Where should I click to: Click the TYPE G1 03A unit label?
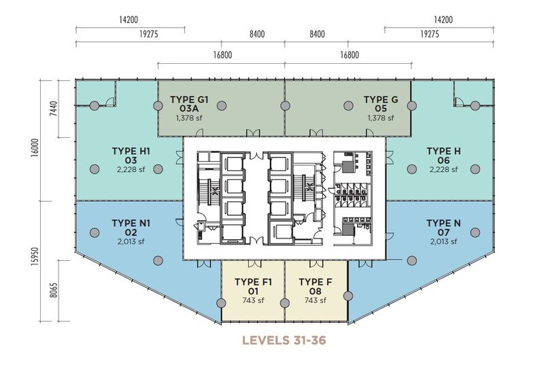tap(189, 104)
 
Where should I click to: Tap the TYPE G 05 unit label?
tap(381, 104)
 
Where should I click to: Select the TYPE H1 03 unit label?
tap(131, 156)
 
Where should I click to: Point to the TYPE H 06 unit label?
tap(443, 156)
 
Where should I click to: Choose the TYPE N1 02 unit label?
tap(131, 228)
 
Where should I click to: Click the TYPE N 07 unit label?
tap(443, 228)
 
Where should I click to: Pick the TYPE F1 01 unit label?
tap(253, 287)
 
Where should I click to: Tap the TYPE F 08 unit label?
tap(316, 287)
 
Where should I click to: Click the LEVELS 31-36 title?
tap(284, 340)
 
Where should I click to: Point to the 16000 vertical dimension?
tap(35, 148)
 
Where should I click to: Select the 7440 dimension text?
tap(53, 109)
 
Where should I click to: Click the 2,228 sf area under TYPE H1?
tap(131, 169)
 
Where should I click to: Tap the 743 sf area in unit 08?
tap(316, 300)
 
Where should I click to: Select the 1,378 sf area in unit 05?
tap(381, 118)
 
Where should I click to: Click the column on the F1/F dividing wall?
tap(284, 303)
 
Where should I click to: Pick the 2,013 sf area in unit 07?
tap(443, 242)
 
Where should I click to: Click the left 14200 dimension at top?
tap(129, 20)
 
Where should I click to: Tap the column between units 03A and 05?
tap(285, 106)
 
